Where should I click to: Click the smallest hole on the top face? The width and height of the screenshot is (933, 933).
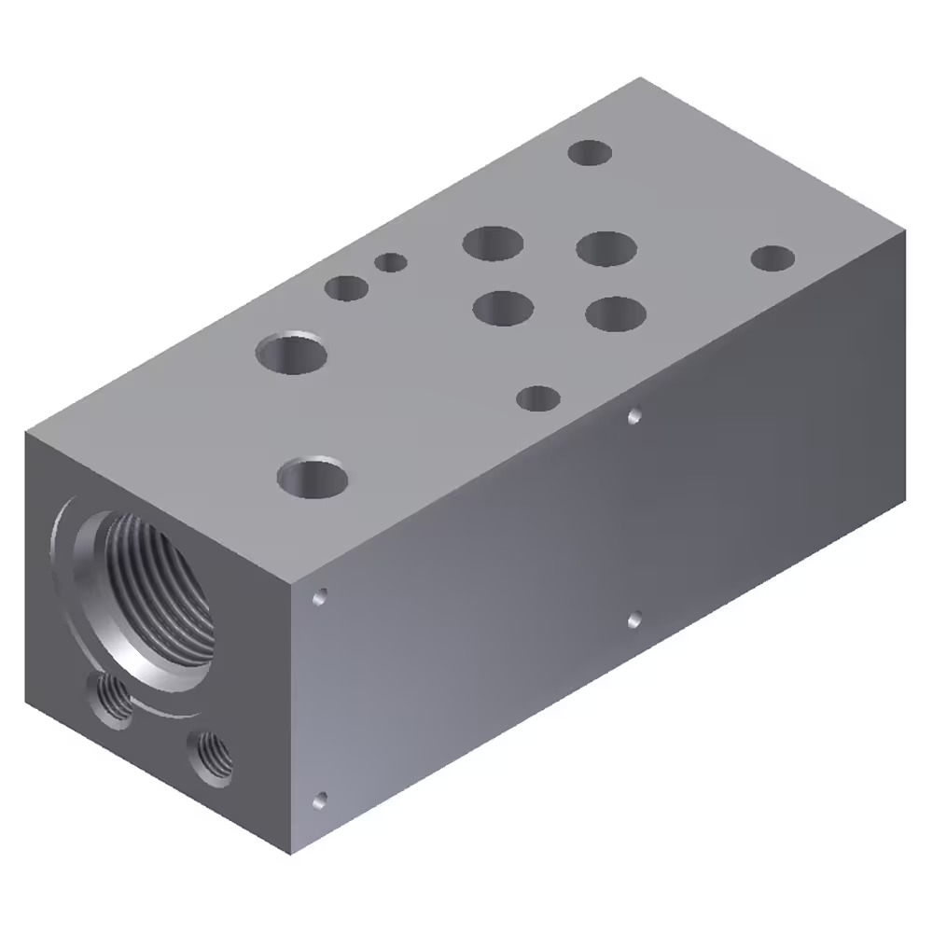tap(391, 262)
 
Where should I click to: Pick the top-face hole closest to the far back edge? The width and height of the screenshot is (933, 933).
tap(590, 152)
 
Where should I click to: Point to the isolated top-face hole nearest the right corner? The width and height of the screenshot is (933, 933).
tap(773, 258)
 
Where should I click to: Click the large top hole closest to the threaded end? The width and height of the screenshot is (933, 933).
tap(313, 478)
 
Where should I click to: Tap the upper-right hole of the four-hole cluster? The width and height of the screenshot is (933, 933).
tap(606, 248)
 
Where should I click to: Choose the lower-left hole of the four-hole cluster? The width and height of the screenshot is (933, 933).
tap(503, 307)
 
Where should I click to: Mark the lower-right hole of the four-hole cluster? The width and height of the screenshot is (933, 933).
tap(616, 313)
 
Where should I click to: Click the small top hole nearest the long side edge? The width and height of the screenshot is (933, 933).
tap(538, 398)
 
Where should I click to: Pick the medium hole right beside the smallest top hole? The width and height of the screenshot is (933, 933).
tap(346, 287)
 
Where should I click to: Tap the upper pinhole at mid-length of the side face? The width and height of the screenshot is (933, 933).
tap(634, 414)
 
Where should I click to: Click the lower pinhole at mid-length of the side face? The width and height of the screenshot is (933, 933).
tap(634, 618)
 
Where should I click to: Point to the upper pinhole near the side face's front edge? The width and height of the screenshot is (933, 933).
tap(321, 595)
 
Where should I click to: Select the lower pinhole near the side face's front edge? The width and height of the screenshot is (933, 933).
tap(321, 799)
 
